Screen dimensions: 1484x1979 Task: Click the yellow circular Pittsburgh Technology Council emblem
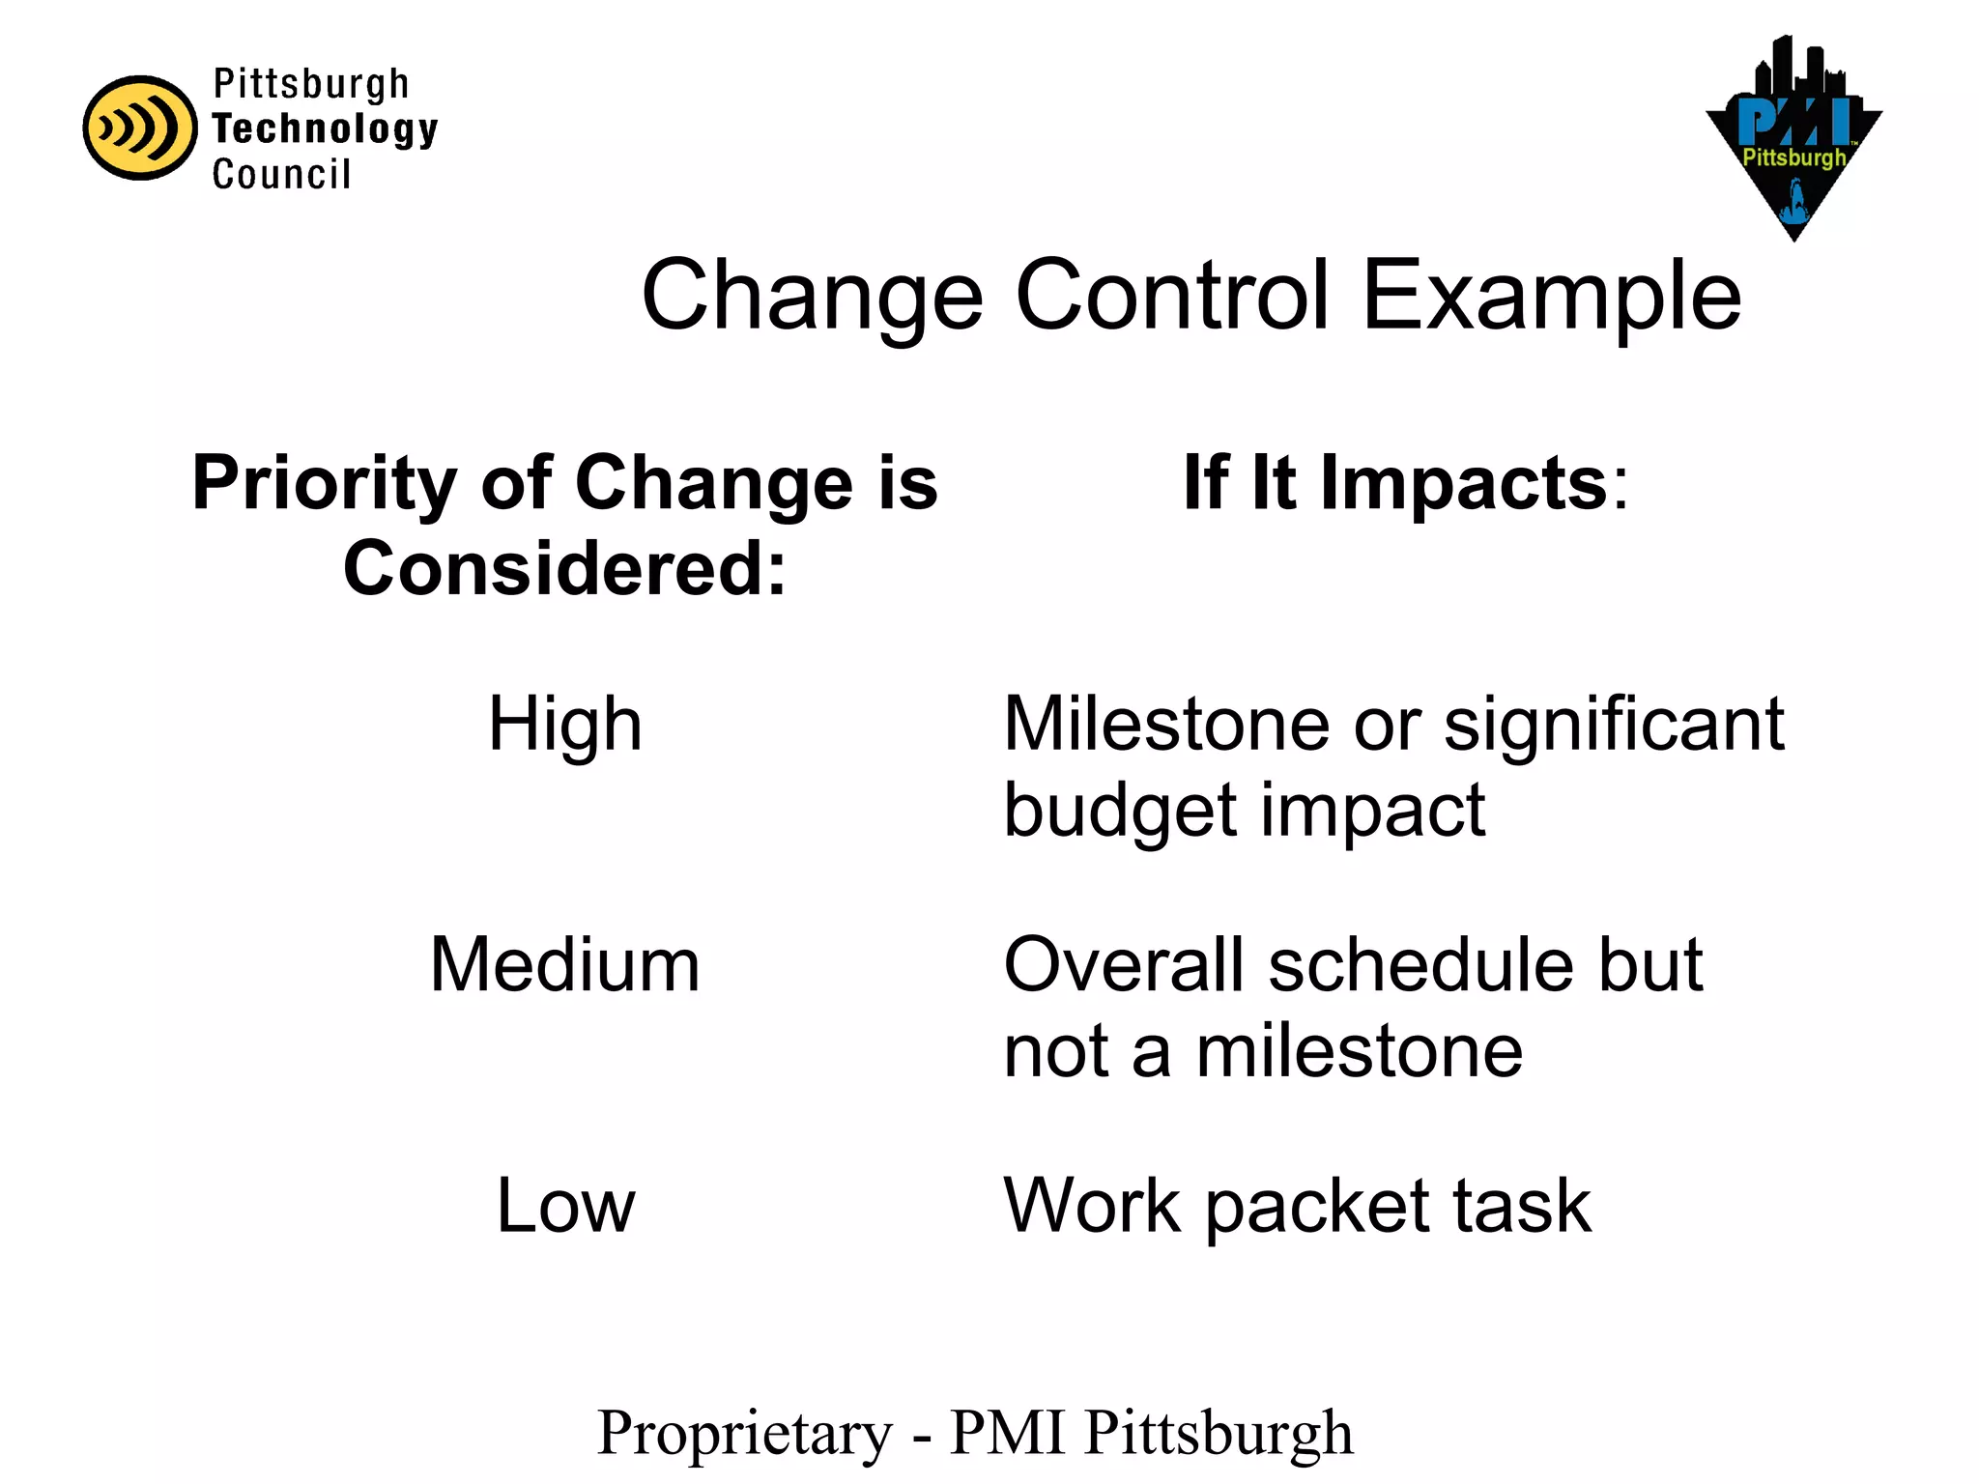[x=140, y=128]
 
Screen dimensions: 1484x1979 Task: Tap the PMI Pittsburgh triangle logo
[x=1793, y=145]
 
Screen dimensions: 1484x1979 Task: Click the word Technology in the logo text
[x=325, y=129]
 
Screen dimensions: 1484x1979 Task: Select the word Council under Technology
[x=281, y=175]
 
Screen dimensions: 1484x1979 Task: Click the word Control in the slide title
[x=1172, y=296]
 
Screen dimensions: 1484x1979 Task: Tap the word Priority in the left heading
[x=324, y=484]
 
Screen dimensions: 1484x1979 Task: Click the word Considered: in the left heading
[x=565, y=568]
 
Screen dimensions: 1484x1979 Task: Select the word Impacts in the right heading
[x=1464, y=482]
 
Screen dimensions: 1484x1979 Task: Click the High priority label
[x=565, y=725]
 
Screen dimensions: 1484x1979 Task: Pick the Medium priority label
[x=565, y=965]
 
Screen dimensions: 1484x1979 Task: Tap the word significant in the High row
[x=1614, y=724]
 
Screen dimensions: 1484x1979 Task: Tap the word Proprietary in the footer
[x=745, y=1434]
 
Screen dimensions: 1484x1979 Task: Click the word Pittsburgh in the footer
[x=1219, y=1434]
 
